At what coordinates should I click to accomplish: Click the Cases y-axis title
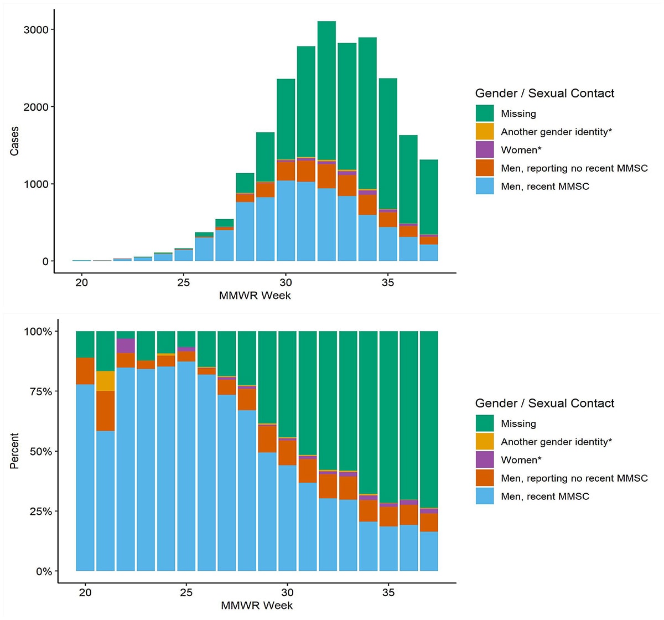coord(14,141)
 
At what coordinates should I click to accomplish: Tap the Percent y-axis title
coord(14,451)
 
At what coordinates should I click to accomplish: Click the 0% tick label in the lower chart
coord(43,571)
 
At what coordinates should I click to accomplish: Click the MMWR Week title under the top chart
coord(255,295)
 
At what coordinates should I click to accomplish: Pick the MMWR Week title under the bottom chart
coord(257,605)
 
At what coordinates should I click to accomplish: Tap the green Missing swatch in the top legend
coord(485,113)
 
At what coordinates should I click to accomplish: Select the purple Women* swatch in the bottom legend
coord(485,460)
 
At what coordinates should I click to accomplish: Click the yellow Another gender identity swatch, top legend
coord(485,132)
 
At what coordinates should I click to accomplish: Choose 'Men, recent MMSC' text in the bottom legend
coord(544,497)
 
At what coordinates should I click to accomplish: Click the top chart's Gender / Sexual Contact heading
coord(544,93)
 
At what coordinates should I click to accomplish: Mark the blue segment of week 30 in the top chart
coord(286,221)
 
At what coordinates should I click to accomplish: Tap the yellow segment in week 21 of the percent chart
coord(106,381)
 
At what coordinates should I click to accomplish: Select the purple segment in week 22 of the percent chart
coord(126,345)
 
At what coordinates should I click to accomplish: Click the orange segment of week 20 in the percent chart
coord(85,371)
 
